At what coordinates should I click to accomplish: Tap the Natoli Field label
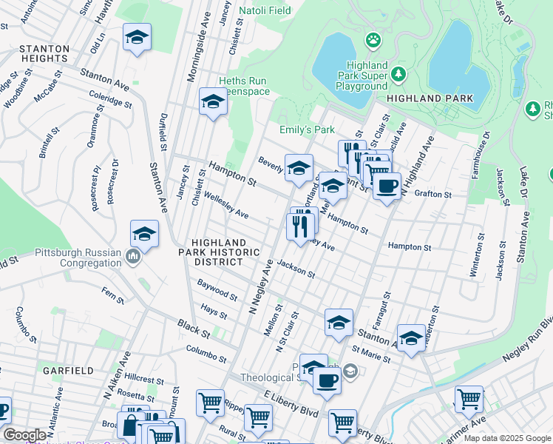click(x=265, y=11)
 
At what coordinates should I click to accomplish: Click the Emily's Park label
click(x=307, y=129)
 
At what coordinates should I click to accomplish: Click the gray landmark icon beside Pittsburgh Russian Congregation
click(x=132, y=257)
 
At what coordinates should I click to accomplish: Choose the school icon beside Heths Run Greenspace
click(x=213, y=101)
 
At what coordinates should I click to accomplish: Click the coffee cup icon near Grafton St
click(x=387, y=186)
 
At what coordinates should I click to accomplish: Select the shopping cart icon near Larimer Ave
click(x=468, y=399)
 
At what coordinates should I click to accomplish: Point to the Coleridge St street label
click(x=109, y=99)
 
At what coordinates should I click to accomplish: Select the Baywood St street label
click(x=217, y=290)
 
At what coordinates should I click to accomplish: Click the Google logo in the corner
click(x=24, y=435)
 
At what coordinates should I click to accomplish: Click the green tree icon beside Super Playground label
click(x=398, y=73)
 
